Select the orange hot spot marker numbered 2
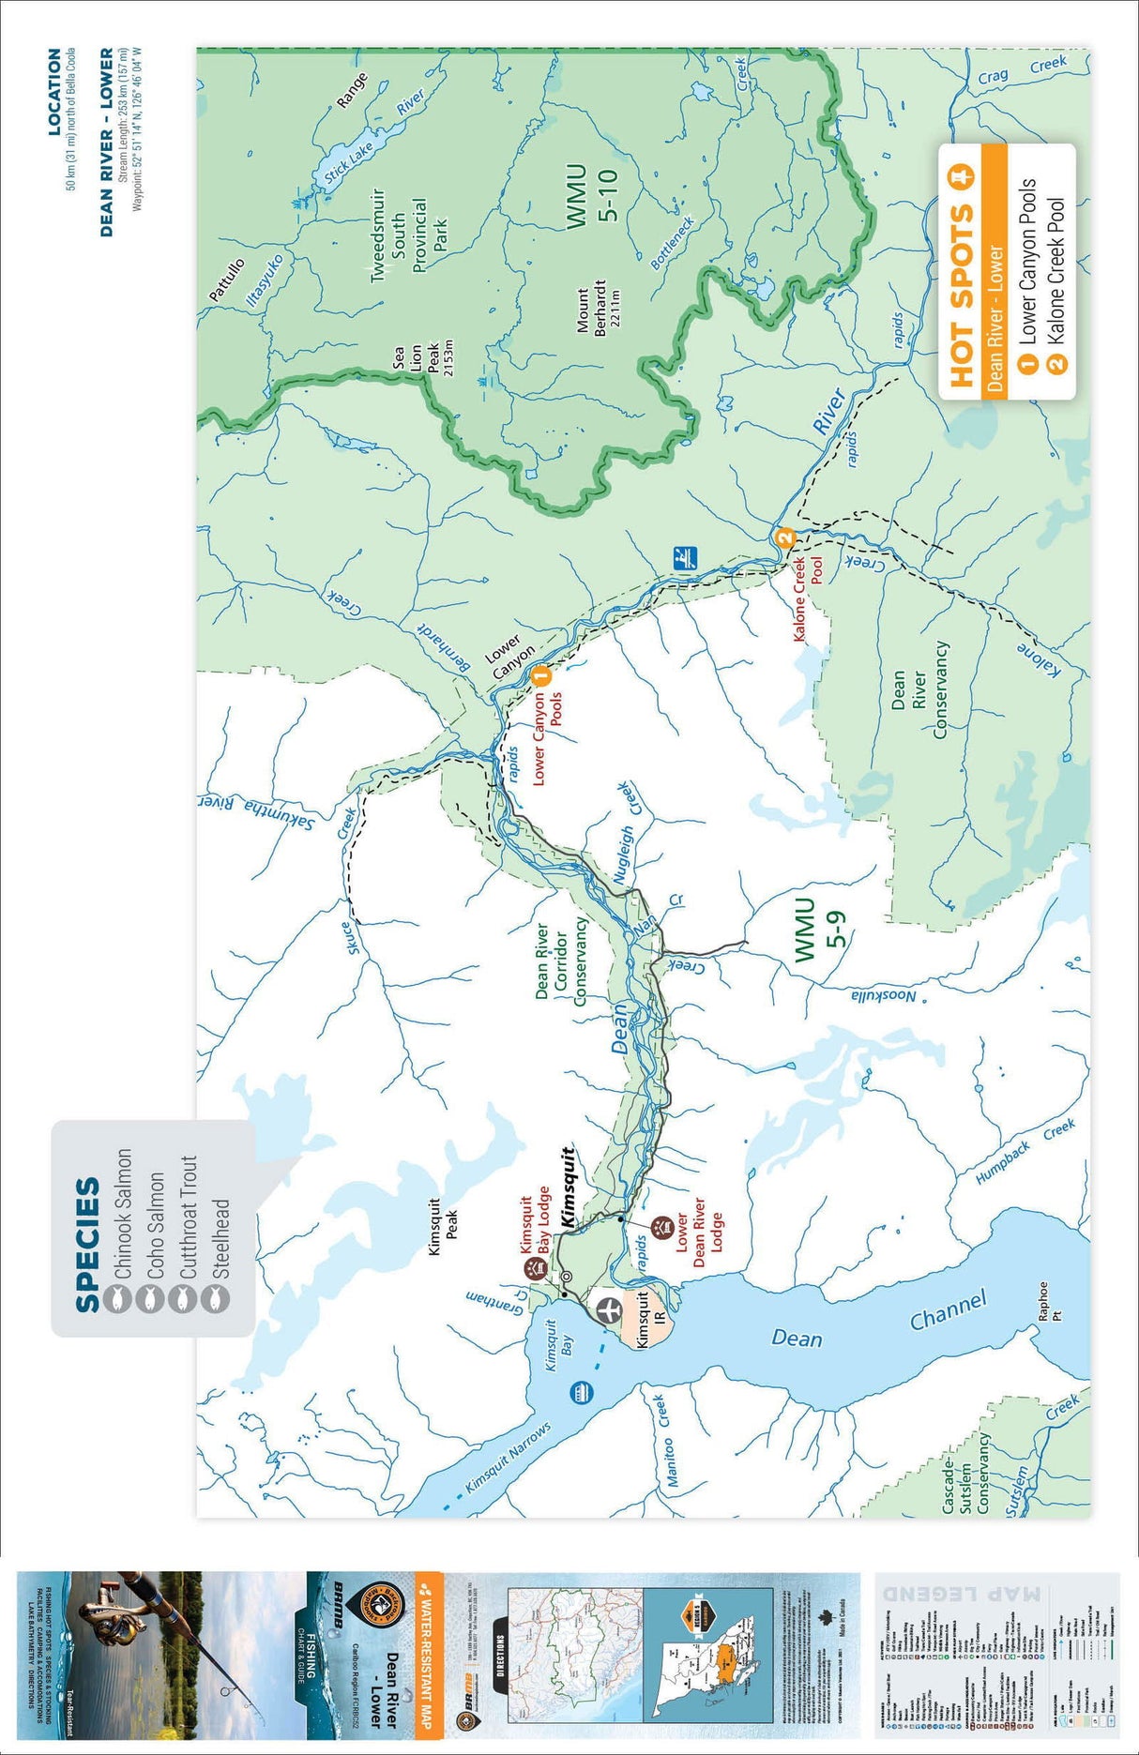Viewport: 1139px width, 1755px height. tap(785, 538)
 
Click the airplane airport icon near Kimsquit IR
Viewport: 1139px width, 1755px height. tap(607, 1307)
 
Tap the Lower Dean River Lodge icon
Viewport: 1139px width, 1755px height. tap(661, 1226)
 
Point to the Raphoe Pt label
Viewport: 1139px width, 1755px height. tap(1050, 1301)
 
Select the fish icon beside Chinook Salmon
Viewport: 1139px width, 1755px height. tap(119, 1299)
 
